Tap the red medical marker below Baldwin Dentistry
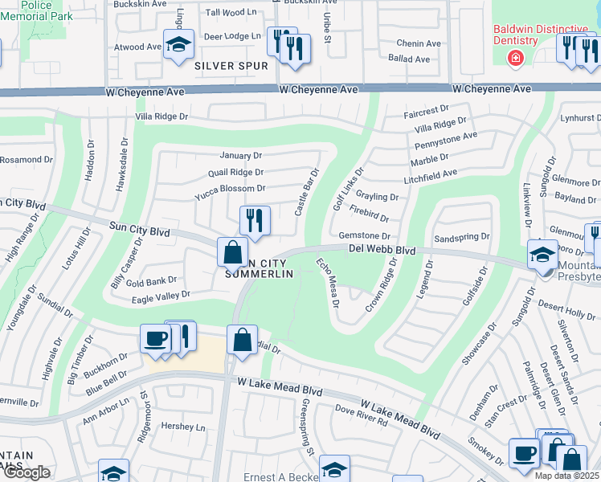515,59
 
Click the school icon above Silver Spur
178,44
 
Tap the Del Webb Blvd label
382,250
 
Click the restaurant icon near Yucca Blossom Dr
256,221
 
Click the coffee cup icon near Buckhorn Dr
155,338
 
